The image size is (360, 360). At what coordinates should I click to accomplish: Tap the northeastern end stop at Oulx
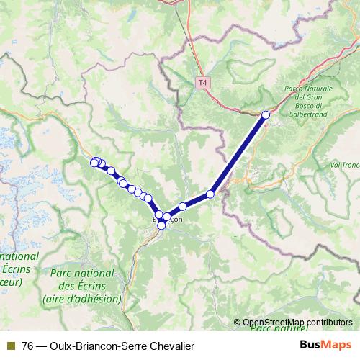(266, 114)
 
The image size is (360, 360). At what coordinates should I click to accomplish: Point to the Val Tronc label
(343, 164)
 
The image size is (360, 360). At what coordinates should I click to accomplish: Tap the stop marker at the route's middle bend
(211, 194)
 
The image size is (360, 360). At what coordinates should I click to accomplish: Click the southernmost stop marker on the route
(161, 226)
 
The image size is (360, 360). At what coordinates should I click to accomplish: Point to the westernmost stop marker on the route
(94, 163)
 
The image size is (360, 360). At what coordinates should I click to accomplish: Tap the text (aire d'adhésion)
(81, 299)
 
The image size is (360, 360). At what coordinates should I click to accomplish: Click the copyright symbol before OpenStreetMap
(238, 323)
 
